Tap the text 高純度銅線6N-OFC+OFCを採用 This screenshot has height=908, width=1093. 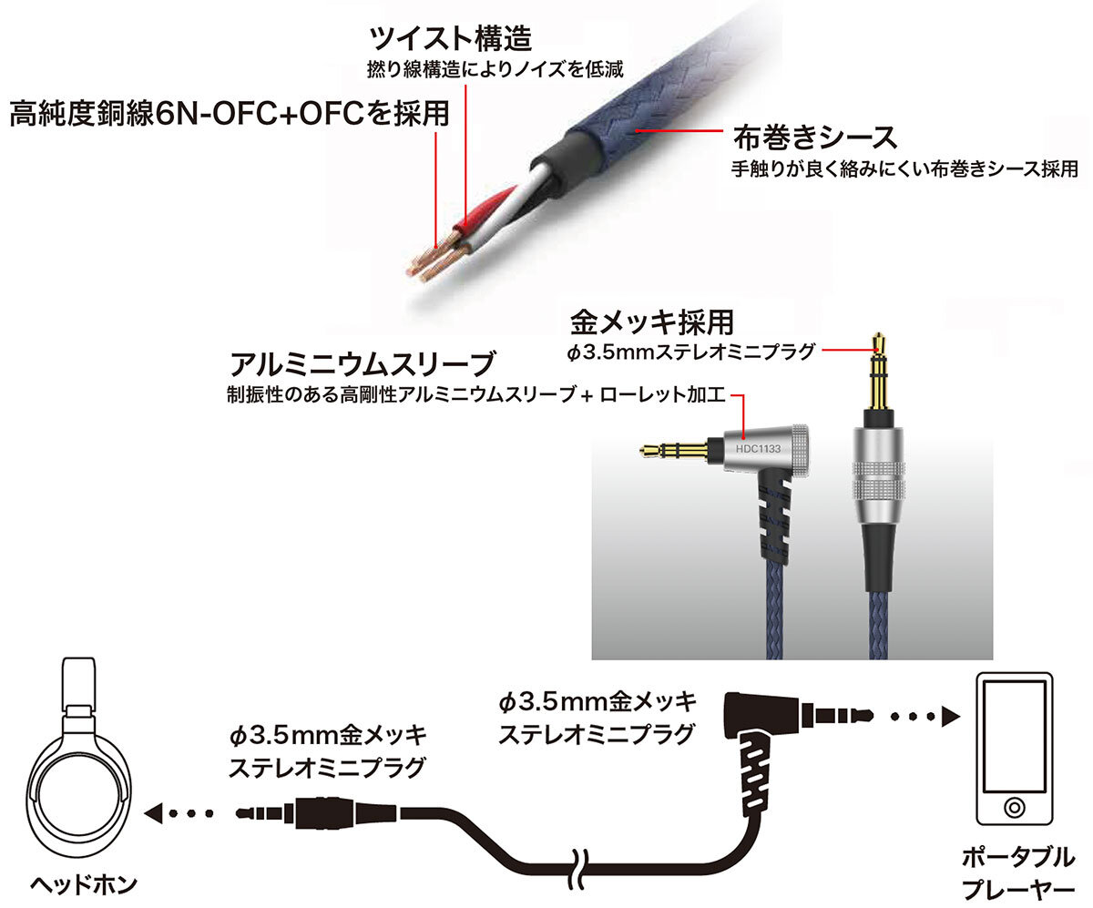[x=230, y=113]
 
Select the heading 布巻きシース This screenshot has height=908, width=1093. [x=814, y=138]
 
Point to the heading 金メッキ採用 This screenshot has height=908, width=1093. [x=652, y=322]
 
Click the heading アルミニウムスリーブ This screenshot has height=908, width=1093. [x=362, y=363]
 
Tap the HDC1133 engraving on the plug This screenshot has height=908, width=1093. [x=758, y=448]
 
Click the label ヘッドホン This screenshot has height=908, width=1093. [x=83, y=884]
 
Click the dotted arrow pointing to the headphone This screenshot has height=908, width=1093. [x=178, y=813]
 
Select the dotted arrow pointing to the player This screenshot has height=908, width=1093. [x=925, y=717]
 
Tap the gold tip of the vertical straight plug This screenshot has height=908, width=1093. [x=879, y=342]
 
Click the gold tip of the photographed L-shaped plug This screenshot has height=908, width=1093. [x=650, y=449]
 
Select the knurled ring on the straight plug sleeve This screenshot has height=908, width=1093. [x=879, y=479]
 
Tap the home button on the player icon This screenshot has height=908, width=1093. [x=1015, y=807]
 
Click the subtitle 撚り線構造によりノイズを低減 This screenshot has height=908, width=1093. [x=495, y=69]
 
